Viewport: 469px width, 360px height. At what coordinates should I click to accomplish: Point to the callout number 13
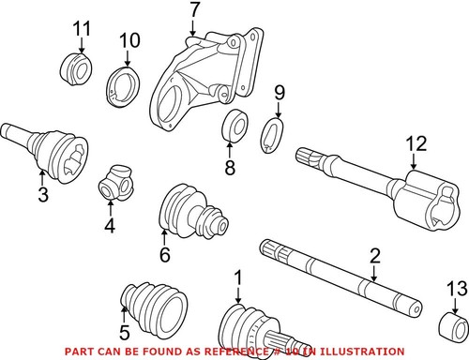coord(456,287)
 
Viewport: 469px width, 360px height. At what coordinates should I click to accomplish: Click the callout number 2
coord(374,256)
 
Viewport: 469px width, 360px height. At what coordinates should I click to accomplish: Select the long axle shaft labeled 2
coord(338,276)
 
